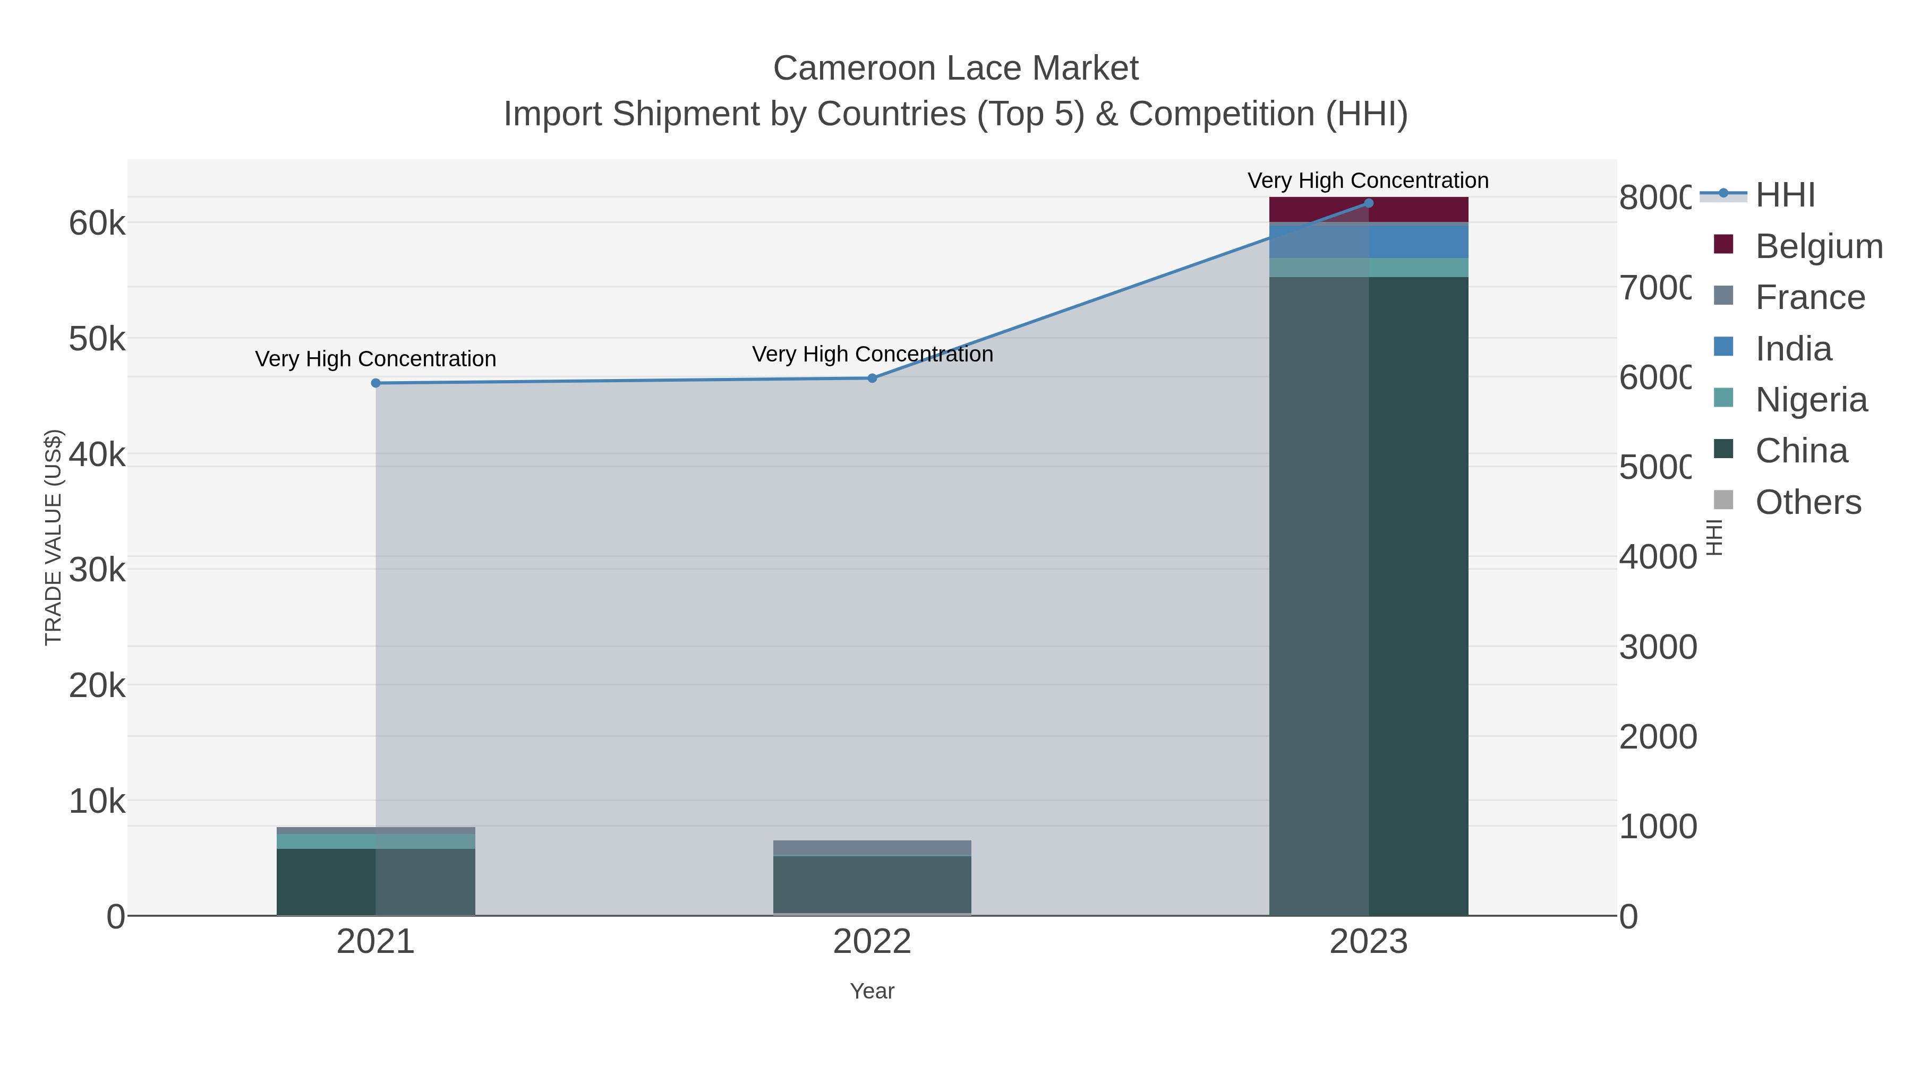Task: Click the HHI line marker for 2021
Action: click(x=375, y=383)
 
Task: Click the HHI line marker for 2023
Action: click(x=1369, y=203)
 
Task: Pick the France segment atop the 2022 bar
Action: click(x=872, y=847)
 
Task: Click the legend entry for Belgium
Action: click(x=1819, y=246)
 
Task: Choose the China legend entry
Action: click(x=1802, y=450)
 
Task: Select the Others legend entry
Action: click(x=1808, y=502)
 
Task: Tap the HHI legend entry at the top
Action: click(x=1785, y=195)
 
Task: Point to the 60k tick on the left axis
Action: click(x=97, y=222)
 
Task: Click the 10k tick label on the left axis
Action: click(x=97, y=801)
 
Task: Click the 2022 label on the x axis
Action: click(x=872, y=941)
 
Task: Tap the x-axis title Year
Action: click(x=872, y=991)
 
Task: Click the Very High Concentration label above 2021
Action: click(x=375, y=358)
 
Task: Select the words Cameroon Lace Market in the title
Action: click(x=955, y=68)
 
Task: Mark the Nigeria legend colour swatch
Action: click(x=1723, y=398)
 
